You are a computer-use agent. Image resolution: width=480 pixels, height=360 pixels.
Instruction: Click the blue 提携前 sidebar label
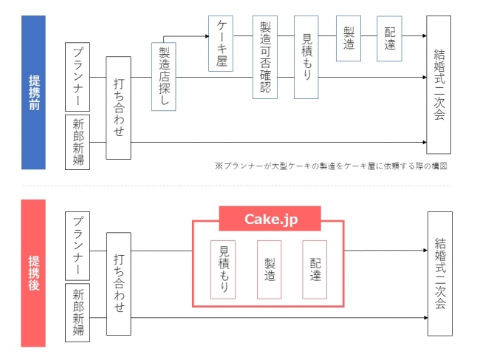coord(33,92)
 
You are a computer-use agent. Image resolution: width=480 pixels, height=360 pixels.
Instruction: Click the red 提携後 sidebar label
coord(33,272)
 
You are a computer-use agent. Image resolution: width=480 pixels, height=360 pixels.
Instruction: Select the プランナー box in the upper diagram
coord(78,75)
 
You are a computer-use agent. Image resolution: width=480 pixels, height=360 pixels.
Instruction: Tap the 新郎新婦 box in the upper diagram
coord(78,142)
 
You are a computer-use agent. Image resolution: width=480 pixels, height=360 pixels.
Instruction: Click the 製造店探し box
coord(163,76)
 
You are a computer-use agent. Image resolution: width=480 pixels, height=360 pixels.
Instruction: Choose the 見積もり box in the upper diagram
coord(306,57)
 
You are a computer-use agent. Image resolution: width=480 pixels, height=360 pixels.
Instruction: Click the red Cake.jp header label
coord(270,219)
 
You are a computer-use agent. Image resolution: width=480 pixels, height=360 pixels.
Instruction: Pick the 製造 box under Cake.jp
coord(269,269)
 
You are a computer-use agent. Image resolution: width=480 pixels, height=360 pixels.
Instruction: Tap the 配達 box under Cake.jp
coord(315,269)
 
